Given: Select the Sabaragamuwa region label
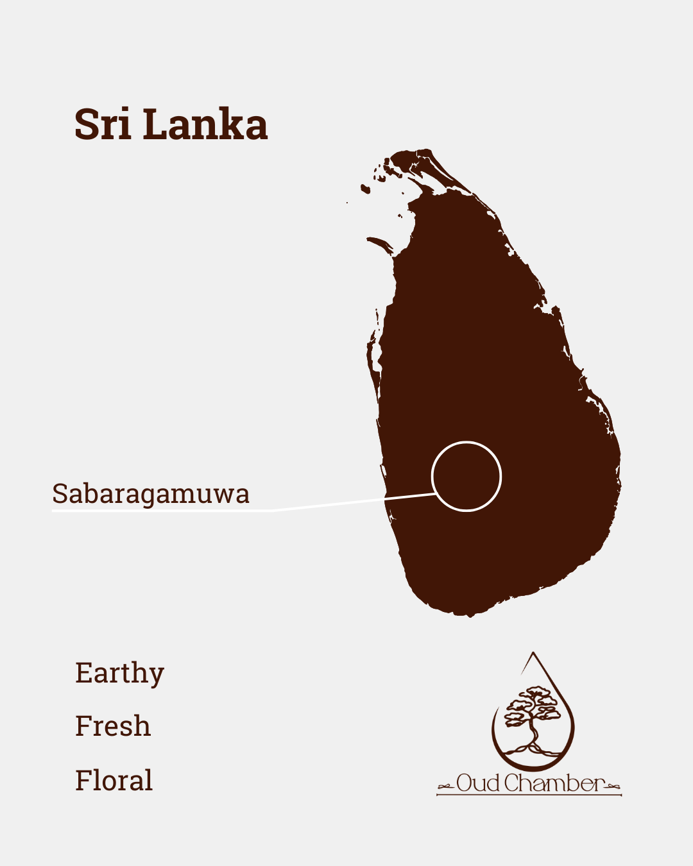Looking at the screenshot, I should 151,494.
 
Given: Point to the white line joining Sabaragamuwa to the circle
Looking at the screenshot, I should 334,504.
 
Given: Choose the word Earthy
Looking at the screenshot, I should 120,674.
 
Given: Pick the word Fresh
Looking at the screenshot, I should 113,726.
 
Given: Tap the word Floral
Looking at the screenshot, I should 114,781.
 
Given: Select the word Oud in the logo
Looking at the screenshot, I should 478,783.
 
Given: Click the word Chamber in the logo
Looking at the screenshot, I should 553,783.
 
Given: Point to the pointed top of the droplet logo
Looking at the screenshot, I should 533,654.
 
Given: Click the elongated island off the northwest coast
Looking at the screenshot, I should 380,244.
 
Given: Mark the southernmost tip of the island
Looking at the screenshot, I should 470,615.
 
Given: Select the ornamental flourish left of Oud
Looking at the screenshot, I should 446,786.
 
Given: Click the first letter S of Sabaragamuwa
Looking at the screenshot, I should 60,494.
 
